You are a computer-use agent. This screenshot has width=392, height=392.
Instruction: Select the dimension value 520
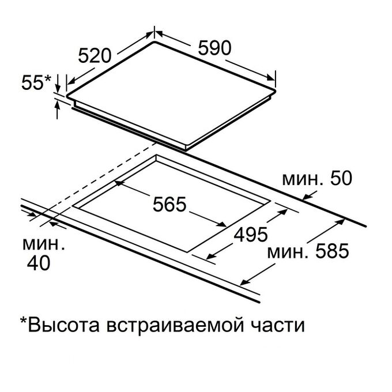tap(95, 55)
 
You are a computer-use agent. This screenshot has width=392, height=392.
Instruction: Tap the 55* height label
tap(36, 82)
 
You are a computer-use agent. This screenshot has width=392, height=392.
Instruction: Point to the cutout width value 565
tap(169, 204)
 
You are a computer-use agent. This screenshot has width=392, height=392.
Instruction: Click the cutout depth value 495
tap(251, 235)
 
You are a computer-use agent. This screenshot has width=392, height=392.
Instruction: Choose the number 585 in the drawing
tap(332, 251)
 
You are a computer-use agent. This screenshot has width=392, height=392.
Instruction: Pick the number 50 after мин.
tap(341, 178)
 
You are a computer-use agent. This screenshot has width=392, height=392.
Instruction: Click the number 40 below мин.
tap(39, 263)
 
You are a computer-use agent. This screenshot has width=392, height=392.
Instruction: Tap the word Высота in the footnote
tap(64, 325)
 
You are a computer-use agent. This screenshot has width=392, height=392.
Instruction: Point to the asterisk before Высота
tap(24, 321)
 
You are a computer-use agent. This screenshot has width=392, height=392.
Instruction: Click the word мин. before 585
tap(288, 252)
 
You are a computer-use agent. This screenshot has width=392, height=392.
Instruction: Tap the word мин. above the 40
tap(44, 244)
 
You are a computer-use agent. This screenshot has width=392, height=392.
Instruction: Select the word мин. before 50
tap(303, 179)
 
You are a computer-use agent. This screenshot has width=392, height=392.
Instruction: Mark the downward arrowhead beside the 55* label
tap(58, 88)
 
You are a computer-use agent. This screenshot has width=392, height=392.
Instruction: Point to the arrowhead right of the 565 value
tap(221, 224)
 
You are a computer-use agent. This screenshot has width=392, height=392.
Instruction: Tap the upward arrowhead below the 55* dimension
tap(58, 105)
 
